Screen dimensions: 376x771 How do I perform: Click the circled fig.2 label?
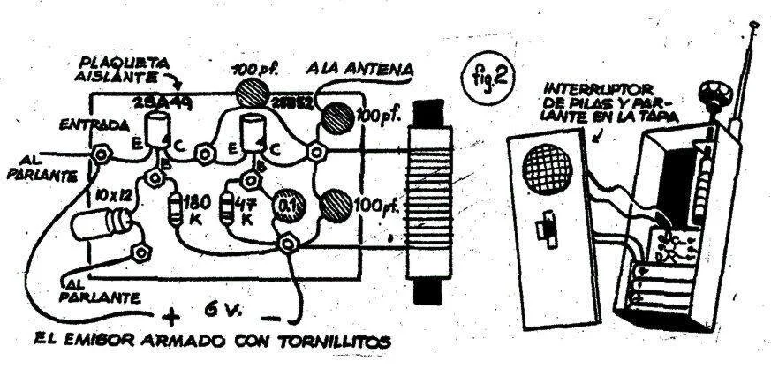(488, 76)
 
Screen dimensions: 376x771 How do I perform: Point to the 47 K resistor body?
(226, 206)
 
